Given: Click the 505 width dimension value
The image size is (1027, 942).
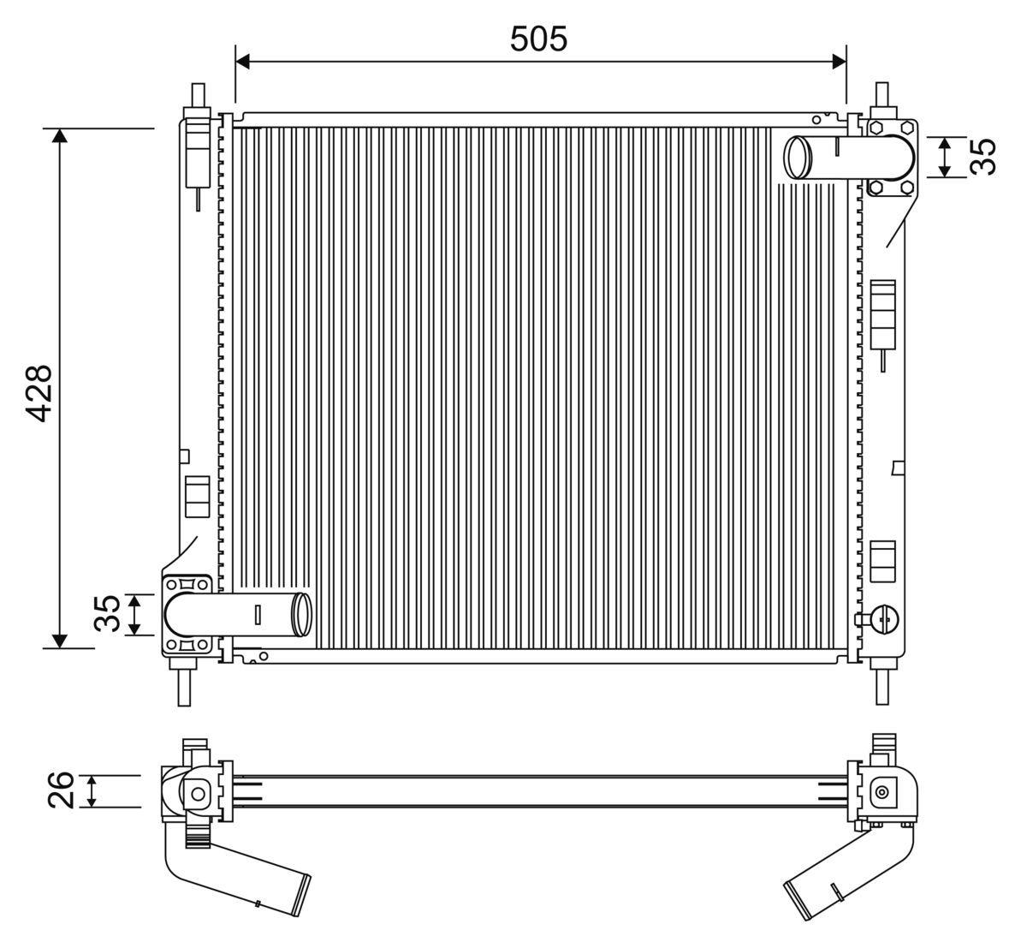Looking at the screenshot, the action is [x=538, y=39].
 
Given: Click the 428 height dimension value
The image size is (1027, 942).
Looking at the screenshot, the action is [x=39, y=393].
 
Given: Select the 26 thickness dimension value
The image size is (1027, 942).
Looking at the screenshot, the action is [x=61, y=790].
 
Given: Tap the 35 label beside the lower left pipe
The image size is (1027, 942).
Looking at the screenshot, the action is [x=107, y=613].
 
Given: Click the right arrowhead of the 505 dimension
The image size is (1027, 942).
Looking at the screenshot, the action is [x=839, y=62].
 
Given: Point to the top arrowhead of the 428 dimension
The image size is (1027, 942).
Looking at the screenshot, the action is [x=60, y=135].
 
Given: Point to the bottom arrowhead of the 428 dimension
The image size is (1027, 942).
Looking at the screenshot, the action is [x=60, y=641].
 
